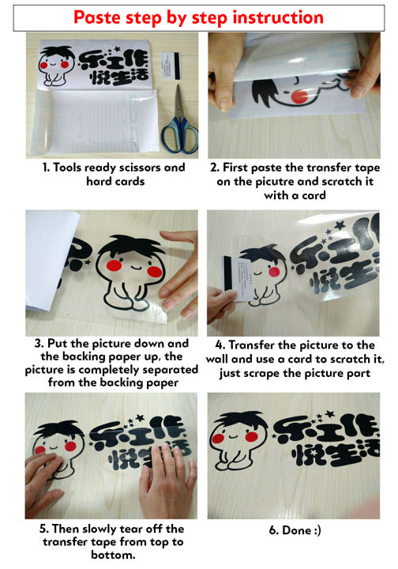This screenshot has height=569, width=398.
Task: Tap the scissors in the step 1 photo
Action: (179, 119)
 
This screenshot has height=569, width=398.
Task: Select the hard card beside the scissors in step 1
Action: (170, 65)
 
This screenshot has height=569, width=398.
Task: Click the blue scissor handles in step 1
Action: (180, 135)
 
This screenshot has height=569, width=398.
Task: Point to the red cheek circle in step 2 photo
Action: (299, 96)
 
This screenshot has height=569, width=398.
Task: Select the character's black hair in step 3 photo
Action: (130, 245)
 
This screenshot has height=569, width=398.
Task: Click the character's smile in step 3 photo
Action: (135, 268)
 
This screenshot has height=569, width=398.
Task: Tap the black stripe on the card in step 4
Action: (228, 273)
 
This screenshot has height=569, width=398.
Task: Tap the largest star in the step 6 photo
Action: (329, 413)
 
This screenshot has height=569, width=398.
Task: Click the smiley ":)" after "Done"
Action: (316, 530)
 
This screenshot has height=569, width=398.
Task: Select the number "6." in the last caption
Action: (274, 530)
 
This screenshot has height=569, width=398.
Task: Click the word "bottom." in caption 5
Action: (113, 556)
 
